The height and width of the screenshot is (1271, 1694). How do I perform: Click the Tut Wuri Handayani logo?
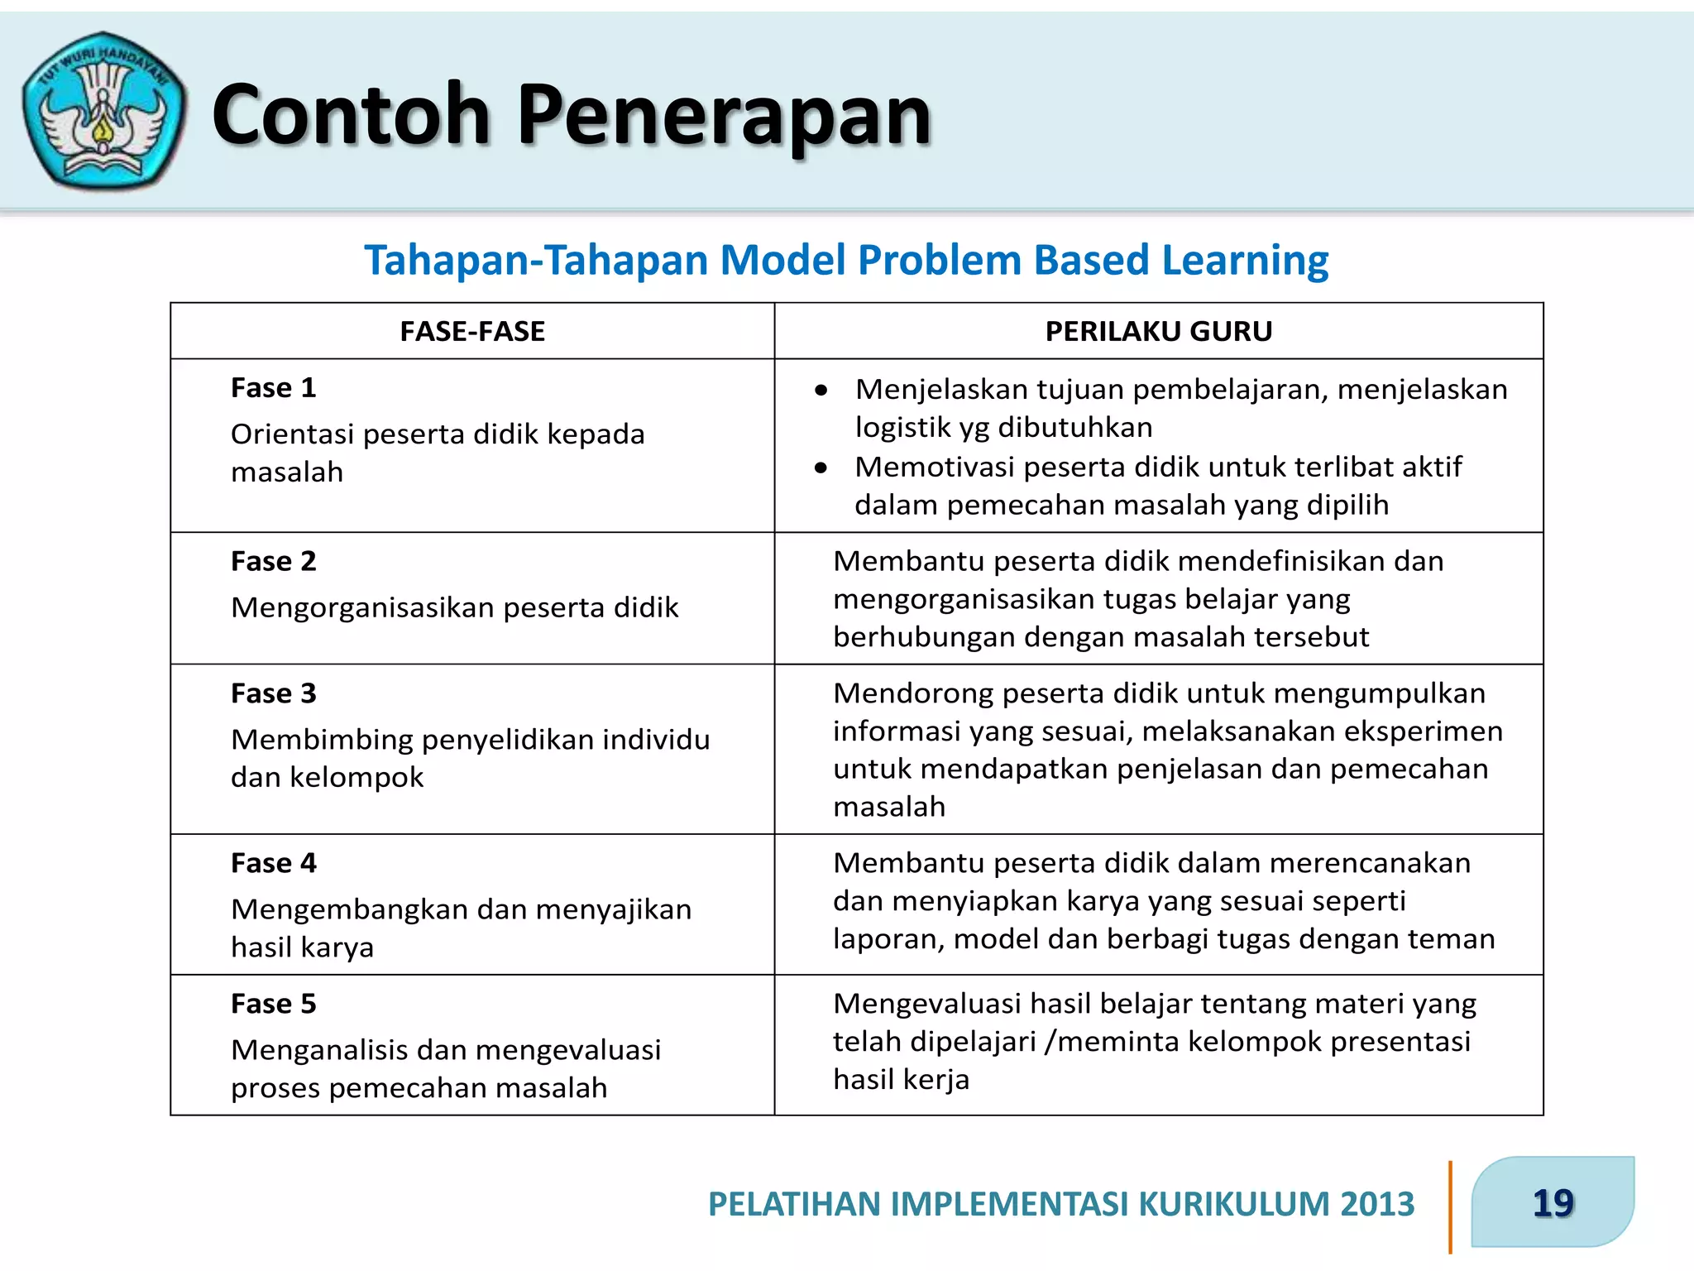103,111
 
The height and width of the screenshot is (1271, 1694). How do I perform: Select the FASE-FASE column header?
472,332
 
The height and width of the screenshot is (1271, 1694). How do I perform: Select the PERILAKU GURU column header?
1158,332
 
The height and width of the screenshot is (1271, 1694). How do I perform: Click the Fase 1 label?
274,388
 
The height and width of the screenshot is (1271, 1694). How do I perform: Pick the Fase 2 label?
274,562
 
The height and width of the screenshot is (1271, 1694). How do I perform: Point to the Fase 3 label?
274,693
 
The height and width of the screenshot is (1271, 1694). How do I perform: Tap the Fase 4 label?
274,864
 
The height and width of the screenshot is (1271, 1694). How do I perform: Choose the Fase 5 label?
274,1005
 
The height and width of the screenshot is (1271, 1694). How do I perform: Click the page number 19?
1553,1203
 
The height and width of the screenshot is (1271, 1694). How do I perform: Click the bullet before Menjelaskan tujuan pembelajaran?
821,391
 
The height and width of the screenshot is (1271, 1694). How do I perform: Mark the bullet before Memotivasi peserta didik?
821,468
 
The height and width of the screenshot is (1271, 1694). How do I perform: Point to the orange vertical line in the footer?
1450,1206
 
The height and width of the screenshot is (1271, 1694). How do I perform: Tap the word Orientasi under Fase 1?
290,434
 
